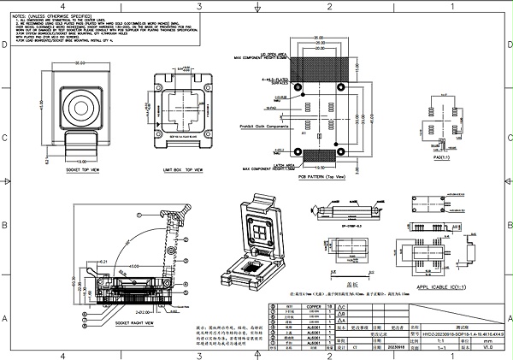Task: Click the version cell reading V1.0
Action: pyautogui.click(x=487, y=348)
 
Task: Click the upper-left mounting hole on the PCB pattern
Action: pyautogui.click(x=297, y=87)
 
